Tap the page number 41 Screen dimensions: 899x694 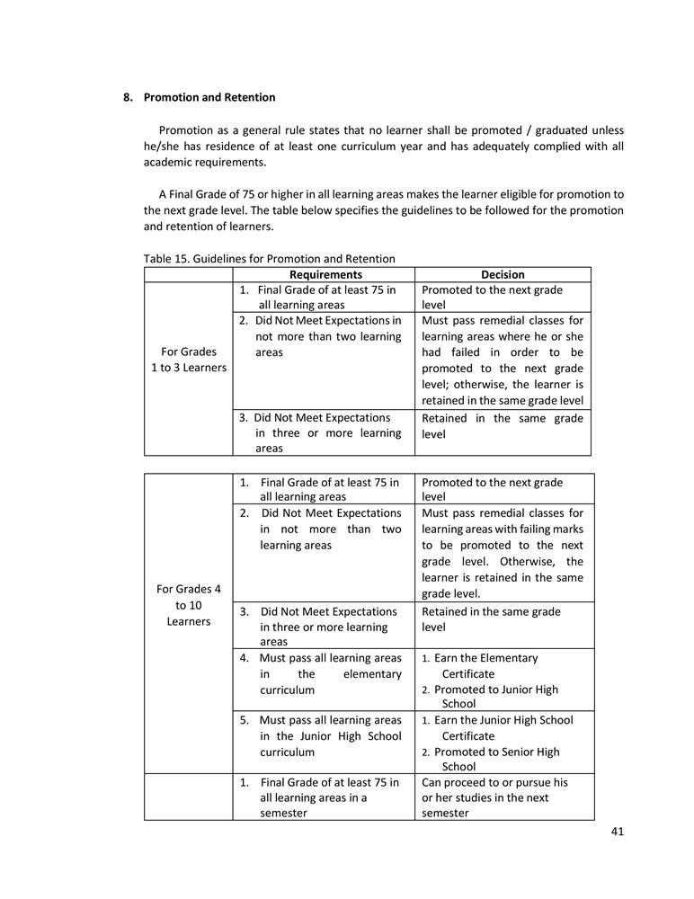617,832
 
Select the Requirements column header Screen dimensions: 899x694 325,274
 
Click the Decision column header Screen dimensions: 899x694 503,274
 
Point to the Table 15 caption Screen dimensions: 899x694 269,259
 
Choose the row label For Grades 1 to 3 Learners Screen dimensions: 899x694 187,360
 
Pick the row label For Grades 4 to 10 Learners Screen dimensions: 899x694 188,605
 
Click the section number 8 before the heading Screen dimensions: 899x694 129,97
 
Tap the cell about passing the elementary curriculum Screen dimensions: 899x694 323,674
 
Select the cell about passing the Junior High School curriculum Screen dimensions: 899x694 323,735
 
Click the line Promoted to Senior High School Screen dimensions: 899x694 496,759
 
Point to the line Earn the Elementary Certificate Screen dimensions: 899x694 485,665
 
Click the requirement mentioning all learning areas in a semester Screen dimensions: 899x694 323,797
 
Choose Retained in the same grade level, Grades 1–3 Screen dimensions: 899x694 503,425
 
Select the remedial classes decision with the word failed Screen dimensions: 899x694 503,360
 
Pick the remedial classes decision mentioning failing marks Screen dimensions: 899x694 503,553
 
